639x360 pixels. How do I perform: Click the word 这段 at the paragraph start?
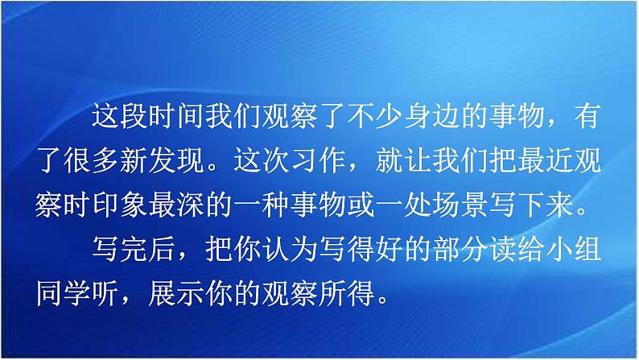tap(120, 116)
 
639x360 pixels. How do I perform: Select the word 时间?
tap(176, 116)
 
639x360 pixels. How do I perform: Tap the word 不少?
tap(375, 116)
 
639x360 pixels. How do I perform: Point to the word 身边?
tap(431, 116)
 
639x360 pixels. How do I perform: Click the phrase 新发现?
tap(163, 160)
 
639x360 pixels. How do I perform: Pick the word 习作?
tap(318, 160)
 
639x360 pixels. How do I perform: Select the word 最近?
tap(545, 160)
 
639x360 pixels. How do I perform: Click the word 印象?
tap(120, 205)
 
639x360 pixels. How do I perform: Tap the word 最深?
tap(176, 205)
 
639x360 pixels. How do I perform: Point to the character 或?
tap(361, 205)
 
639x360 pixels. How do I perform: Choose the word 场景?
tap(460, 205)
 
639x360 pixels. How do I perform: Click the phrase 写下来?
tap(531, 205)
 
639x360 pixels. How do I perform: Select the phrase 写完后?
tap(134, 249)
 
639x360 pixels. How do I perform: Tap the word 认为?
tap(290, 249)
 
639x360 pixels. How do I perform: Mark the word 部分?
tap(460, 249)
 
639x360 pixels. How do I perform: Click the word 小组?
tap(573, 249)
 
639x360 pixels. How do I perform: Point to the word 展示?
tap(176, 292)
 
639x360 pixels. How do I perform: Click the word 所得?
tap(346, 292)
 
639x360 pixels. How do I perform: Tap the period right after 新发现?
tap(212, 168)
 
